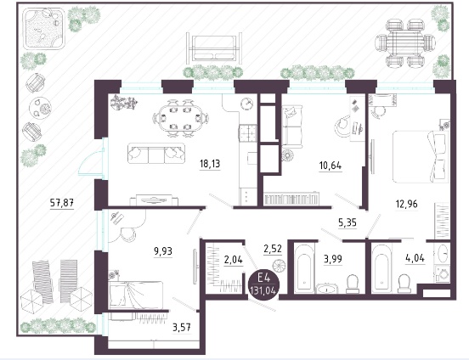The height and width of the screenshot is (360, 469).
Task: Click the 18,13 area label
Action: (x=210, y=164)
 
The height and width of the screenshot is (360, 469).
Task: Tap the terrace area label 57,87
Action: (x=62, y=203)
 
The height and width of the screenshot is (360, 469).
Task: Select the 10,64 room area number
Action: (x=331, y=166)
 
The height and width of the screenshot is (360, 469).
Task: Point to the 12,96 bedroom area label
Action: (x=406, y=205)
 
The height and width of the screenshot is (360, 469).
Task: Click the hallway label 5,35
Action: (x=348, y=222)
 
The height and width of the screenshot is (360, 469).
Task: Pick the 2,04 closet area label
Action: (x=234, y=260)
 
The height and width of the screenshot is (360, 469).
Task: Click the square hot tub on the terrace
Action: (x=45, y=29)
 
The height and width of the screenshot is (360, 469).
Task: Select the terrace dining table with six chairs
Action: (x=405, y=42)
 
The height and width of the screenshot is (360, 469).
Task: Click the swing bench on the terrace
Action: (x=214, y=48)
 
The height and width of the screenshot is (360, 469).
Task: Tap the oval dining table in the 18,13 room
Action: (x=180, y=118)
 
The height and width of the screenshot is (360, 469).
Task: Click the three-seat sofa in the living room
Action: (x=156, y=154)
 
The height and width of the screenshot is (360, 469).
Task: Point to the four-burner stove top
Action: (x=248, y=132)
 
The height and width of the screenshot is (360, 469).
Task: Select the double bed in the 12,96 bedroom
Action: (x=421, y=156)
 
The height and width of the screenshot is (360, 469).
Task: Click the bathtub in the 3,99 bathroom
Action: (x=304, y=268)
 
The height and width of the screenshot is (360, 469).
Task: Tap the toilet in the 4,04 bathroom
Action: (x=405, y=283)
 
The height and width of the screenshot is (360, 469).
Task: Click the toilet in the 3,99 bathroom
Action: (x=353, y=284)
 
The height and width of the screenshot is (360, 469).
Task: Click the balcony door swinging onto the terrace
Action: (x=91, y=159)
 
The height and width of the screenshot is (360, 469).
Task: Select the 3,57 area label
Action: (x=182, y=328)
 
